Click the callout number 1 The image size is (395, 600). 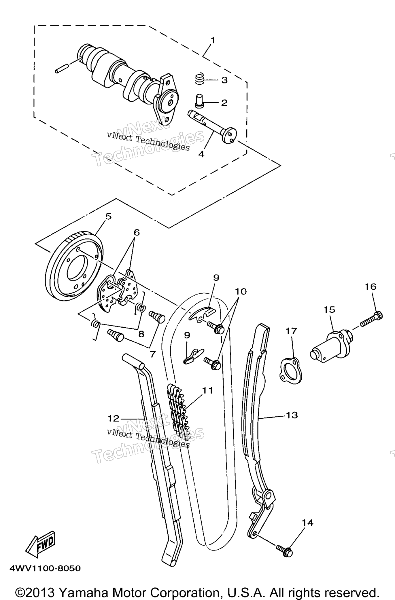point(213,40)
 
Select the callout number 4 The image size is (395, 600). point(201,154)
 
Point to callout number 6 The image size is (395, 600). point(136,232)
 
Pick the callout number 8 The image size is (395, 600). point(141,334)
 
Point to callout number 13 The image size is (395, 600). point(292,415)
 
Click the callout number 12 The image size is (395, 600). point(114,418)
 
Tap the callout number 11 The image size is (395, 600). point(207,391)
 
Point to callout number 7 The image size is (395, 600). point(153,354)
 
